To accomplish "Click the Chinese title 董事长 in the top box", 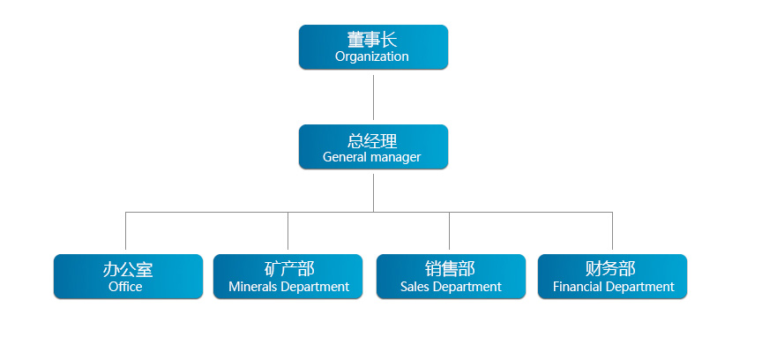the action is click(x=372, y=40).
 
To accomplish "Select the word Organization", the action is click(x=372, y=56).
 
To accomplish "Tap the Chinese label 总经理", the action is click(x=372, y=141).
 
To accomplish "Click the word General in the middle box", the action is click(x=345, y=157).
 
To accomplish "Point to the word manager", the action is click(x=396, y=158).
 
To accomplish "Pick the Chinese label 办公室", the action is click(x=127, y=269).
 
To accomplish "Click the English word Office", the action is click(x=125, y=287).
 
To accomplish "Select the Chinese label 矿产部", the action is click(x=289, y=268).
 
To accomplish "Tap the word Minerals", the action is click(x=253, y=287).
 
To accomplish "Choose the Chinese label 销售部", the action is click(x=450, y=268).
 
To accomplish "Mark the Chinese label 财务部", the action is click(x=610, y=268).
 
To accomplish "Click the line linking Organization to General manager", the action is click(x=373, y=97).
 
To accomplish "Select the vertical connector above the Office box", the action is click(x=126, y=230).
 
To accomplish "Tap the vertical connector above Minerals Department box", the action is click(x=288, y=230).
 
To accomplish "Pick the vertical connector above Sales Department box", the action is click(x=449, y=230).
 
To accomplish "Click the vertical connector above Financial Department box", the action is click(x=612, y=230).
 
